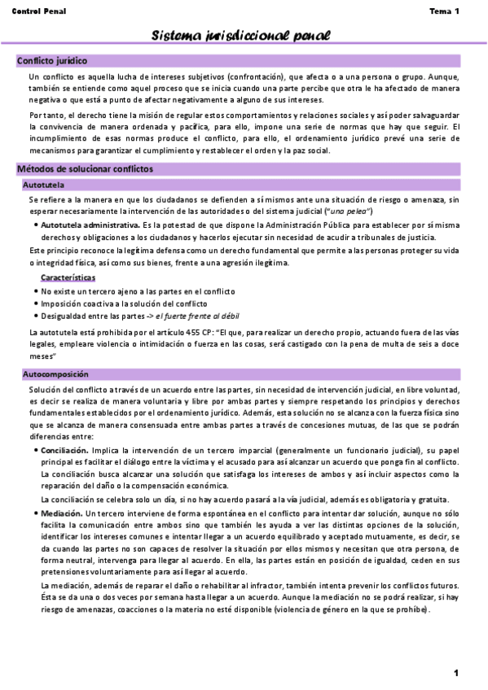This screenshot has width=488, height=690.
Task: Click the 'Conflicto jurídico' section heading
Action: [52, 61]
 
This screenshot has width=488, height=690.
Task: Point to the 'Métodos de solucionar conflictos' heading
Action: [85, 169]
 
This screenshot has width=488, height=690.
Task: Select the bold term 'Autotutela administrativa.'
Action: [90, 225]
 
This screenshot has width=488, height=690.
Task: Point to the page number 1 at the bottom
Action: [456, 672]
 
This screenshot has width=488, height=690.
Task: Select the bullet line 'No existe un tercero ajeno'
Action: [138, 290]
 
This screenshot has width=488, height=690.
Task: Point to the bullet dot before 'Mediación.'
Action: [35, 514]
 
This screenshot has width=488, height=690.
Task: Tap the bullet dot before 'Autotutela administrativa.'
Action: [35, 225]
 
